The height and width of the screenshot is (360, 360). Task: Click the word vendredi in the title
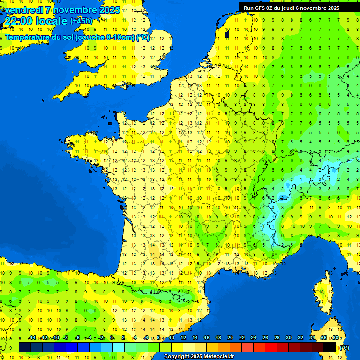(x=23, y=10)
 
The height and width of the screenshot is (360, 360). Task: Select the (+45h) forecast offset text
(x=81, y=21)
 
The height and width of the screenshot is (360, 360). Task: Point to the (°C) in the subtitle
(x=142, y=37)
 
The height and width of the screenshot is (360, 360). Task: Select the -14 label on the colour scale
(x=32, y=338)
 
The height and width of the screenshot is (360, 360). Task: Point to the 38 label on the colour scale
(x=335, y=338)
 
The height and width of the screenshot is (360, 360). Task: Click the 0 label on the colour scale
(x=112, y=338)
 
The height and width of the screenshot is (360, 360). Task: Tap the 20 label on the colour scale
(x=230, y=338)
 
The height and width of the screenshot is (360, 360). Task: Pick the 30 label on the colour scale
(x=288, y=338)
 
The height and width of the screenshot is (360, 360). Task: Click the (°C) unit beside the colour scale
(x=345, y=348)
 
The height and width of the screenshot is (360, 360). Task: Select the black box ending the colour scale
(x=330, y=347)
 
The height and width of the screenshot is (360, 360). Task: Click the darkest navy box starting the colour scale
(x=25, y=347)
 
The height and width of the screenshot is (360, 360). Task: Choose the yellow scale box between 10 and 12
(x=177, y=347)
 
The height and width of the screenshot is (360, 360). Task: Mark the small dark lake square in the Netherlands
(x=227, y=34)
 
